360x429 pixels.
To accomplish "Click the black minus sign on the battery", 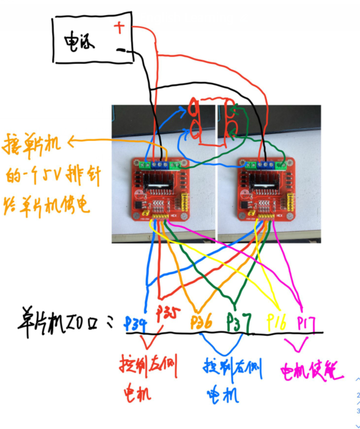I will pos(120,51).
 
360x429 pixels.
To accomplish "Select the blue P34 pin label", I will pos(136,323).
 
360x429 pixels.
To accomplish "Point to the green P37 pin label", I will pos(237,321).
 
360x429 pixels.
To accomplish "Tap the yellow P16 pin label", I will pos(277,322).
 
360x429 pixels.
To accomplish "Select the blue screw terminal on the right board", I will pos(265,163).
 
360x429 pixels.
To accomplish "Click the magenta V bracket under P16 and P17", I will pos(296,345).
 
